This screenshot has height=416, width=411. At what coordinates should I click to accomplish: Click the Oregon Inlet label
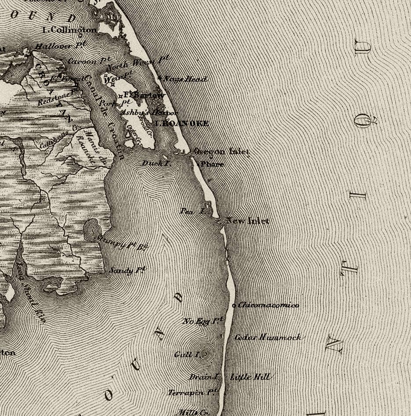coord(221,151)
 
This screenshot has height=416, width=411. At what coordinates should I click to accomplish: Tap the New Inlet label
coord(248,221)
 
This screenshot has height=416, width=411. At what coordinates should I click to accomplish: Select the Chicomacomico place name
coord(269,305)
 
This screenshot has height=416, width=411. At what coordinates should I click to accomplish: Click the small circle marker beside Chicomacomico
coord(234,305)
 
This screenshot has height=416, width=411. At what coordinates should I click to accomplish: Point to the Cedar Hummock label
coord(268,337)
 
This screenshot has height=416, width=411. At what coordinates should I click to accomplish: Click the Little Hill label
coord(250,377)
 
